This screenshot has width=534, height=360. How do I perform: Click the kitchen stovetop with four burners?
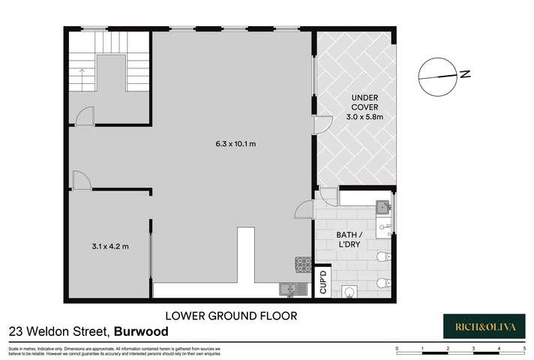tap(302, 264)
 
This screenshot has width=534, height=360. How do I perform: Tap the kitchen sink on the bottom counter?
tap(288, 289)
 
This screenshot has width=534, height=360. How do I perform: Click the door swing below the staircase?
tap(85, 115)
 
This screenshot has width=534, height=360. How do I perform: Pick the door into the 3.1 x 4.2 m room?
tap(80, 180)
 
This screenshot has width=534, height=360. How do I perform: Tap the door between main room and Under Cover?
tap(322, 125)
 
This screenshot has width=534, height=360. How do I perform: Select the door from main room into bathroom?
tap(304, 209)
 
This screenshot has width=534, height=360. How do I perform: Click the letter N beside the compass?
tap(465, 73)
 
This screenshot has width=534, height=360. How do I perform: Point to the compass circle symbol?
tap(436, 76)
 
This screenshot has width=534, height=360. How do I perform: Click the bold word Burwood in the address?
tap(142, 331)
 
